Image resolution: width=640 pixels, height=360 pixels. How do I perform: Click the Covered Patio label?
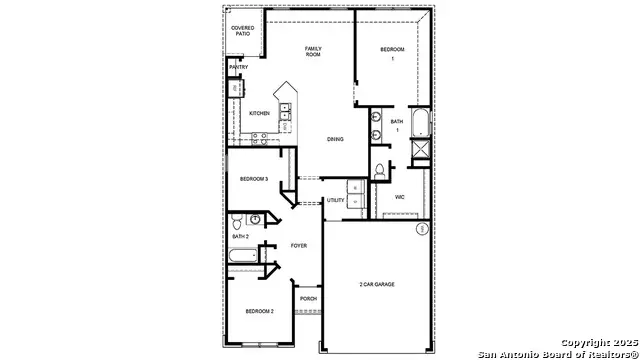(x=242, y=31)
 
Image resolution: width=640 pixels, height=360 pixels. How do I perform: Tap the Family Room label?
(x=313, y=51)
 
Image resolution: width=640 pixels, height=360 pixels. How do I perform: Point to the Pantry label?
(x=238, y=68)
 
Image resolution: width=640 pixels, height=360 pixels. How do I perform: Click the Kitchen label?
(x=259, y=114)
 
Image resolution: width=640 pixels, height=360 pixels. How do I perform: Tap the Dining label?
(x=336, y=139)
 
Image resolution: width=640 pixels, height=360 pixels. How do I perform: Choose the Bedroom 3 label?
(x=253, y=179)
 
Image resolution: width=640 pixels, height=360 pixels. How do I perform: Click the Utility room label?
(x=335, y=201)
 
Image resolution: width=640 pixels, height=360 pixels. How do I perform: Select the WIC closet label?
(x=399, y=197)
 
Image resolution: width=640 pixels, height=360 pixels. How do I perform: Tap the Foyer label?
(x=299, y=245)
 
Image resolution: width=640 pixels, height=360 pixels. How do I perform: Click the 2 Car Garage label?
(x=378, y=285)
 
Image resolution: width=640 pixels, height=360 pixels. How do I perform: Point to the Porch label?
(x=309, y=298)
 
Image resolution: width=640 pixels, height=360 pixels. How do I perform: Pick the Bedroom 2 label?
(x=260, y=312)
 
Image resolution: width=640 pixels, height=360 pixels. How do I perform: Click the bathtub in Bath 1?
(x=420, y=123)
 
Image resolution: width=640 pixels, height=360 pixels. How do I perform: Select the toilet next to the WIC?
(x=379, y=172)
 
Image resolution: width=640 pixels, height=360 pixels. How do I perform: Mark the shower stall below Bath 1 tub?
(x=420, y=151)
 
